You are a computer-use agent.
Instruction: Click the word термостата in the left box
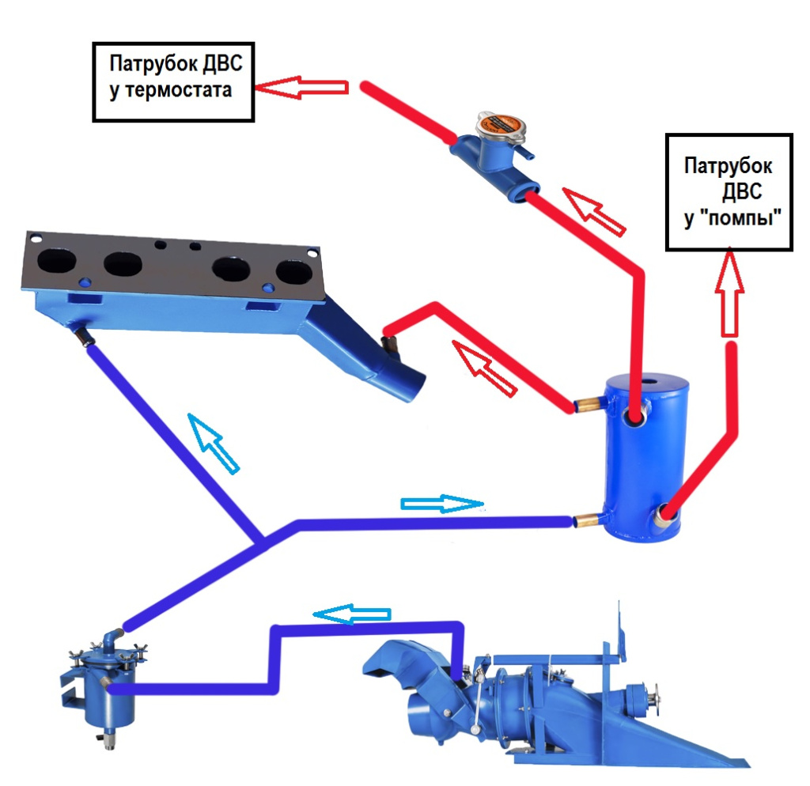click(x=179, y=91)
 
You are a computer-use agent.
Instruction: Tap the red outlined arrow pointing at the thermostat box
click(x=301, y=87)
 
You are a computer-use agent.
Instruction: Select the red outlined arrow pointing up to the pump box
click(x=729, y=293)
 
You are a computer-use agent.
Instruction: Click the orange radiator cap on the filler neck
click(x=501, y=125)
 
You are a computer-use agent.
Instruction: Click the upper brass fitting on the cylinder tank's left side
click(x=588, y=403)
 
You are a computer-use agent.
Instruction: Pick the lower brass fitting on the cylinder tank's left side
click(x=588, y=520)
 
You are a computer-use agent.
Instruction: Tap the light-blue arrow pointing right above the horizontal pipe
click(x=442, y=504)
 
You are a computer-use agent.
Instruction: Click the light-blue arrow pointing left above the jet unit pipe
click(x=352, y=614)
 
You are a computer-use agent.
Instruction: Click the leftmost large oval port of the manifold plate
click(x=56, y=261)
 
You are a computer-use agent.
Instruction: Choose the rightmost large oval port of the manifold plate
click(x=294, y=273)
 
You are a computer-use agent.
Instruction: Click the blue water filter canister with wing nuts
click(x=104, y=682)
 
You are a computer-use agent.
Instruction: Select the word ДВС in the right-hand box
click(x=742, y=191)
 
